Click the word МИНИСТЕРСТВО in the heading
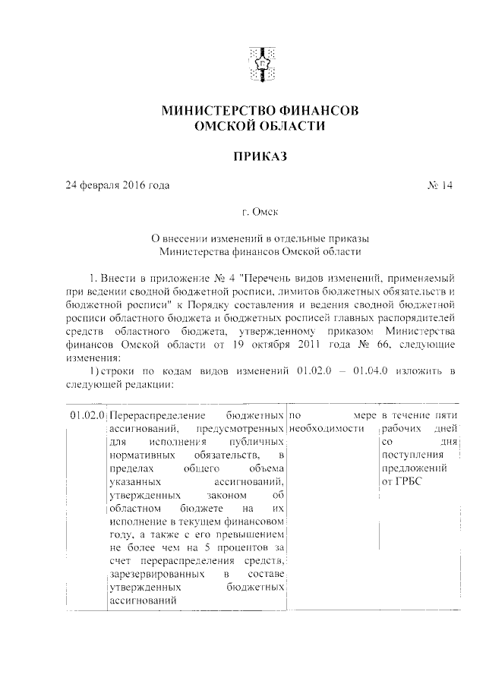tap(215, 112)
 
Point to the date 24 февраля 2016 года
tap(117, 185)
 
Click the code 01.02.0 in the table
tap(87, 416)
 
